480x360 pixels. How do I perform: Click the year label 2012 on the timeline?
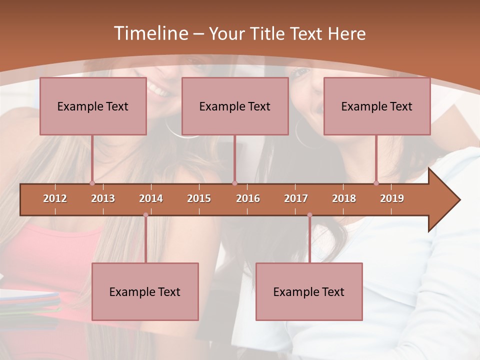click(55, 198)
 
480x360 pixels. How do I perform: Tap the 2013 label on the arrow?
click(103, 198)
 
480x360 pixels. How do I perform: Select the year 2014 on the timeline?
click(151, 198)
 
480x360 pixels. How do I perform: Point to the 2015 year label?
click(199, 198)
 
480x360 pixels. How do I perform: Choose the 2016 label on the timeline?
click(248, 198)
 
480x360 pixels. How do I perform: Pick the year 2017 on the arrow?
click(296, 198)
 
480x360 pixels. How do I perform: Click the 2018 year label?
click(344, 198)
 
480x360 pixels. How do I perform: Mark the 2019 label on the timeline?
click(392, 198)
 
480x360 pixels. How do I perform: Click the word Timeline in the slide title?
click(150, 33)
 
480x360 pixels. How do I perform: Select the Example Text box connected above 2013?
click(93, 106)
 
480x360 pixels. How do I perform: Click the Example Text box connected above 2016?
click(235, 106)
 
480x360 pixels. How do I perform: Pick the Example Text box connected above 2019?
click(377, 106)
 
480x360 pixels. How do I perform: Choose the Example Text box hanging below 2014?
click(145, 291)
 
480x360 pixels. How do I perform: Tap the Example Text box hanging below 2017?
click(309, 291)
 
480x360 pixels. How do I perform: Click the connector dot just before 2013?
click(92, 183)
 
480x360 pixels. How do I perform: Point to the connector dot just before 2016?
click(235, 183)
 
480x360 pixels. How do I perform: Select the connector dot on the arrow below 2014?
click(145, 215)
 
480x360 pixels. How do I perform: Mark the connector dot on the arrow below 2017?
click(309, 215)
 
